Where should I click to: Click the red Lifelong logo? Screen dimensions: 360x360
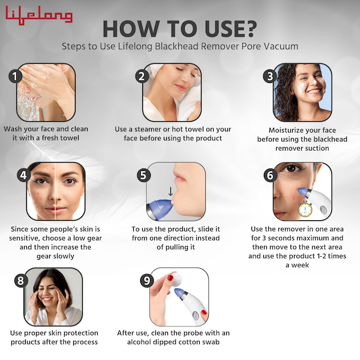[39, 15]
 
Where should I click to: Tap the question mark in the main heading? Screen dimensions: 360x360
[248, 29]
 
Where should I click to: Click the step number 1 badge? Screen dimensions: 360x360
[15, 76]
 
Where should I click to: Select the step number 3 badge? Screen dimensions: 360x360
[270, 76]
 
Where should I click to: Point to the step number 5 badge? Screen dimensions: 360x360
[143, 175]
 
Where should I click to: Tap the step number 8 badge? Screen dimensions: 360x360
[21, 280]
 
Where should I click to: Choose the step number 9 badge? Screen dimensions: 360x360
[147, 280]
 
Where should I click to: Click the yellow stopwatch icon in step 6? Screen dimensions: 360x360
[305, 208]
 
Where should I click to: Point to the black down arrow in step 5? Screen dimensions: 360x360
[170, 191]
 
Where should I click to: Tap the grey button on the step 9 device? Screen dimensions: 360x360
[196, 315]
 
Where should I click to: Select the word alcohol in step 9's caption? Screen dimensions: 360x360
[139, 342]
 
